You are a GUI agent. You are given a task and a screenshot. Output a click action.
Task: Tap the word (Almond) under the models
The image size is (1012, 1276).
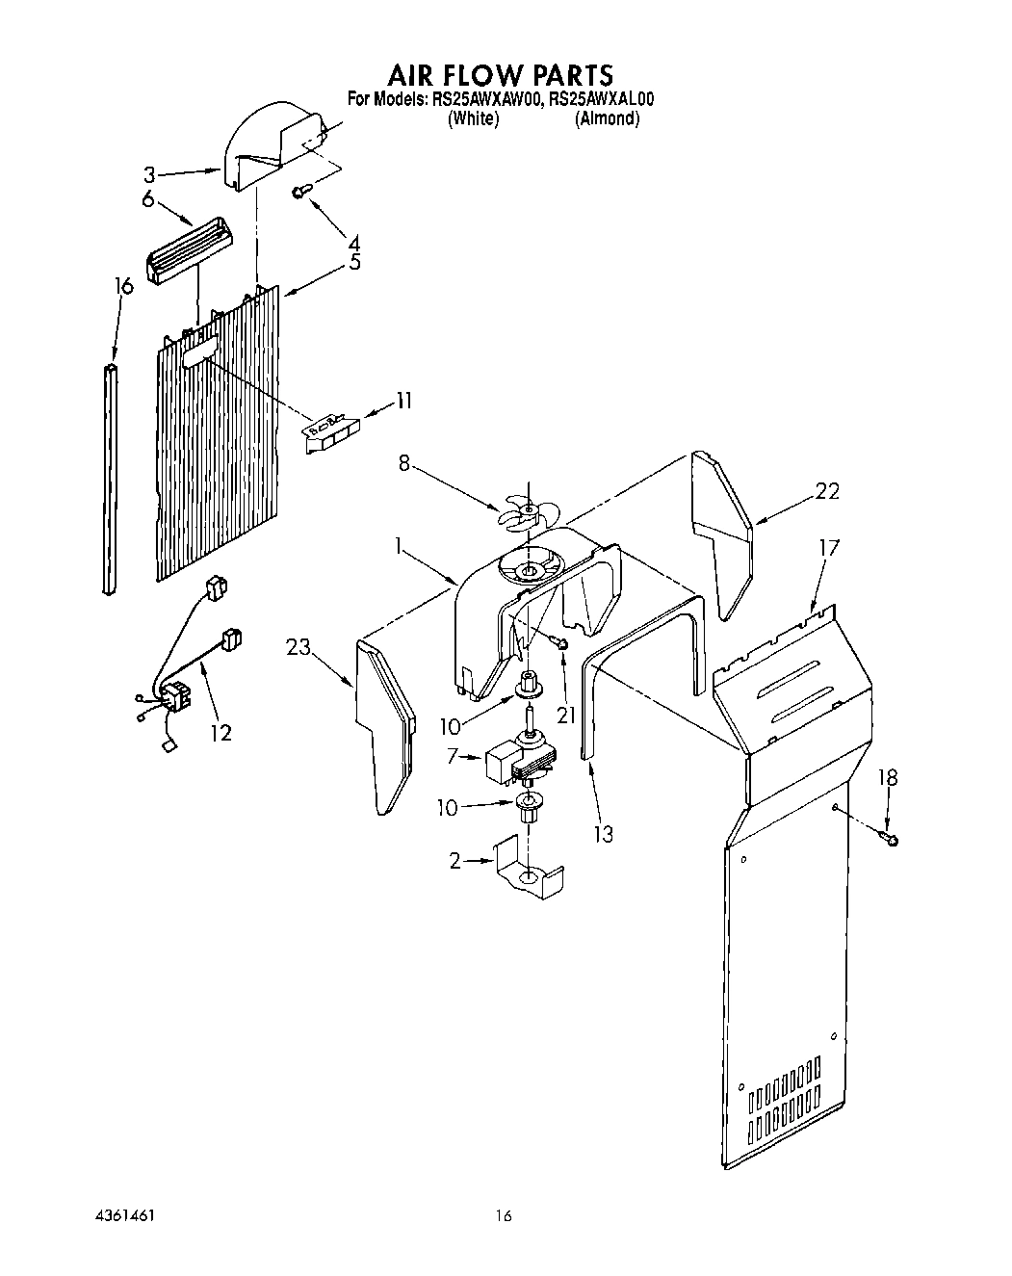tap(607, 118)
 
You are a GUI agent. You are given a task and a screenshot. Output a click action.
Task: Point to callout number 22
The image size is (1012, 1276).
tap(826, 491)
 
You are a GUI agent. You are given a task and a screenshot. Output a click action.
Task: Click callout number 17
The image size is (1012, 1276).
tap(828, 548)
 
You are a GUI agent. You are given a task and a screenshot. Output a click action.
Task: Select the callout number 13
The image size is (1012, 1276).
tap(603, 834)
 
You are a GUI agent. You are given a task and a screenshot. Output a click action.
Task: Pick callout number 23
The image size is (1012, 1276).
tap(298, 647)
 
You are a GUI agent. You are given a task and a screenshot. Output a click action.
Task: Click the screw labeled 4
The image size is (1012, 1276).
tap(299, 193)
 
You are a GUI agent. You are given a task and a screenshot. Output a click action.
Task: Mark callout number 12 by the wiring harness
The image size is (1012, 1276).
tap(221, 733)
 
